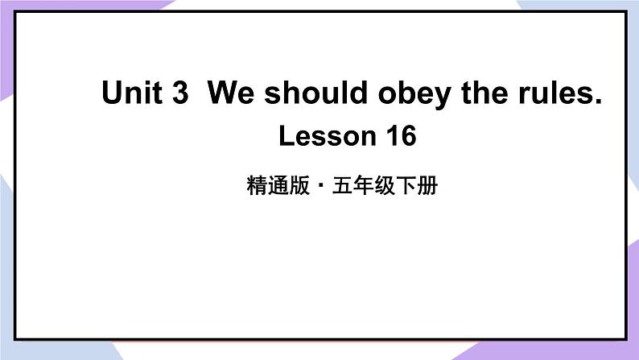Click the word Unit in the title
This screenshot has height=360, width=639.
134,94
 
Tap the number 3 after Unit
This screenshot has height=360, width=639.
180,94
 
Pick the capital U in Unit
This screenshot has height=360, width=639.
112,94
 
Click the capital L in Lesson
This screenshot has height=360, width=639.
286,136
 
